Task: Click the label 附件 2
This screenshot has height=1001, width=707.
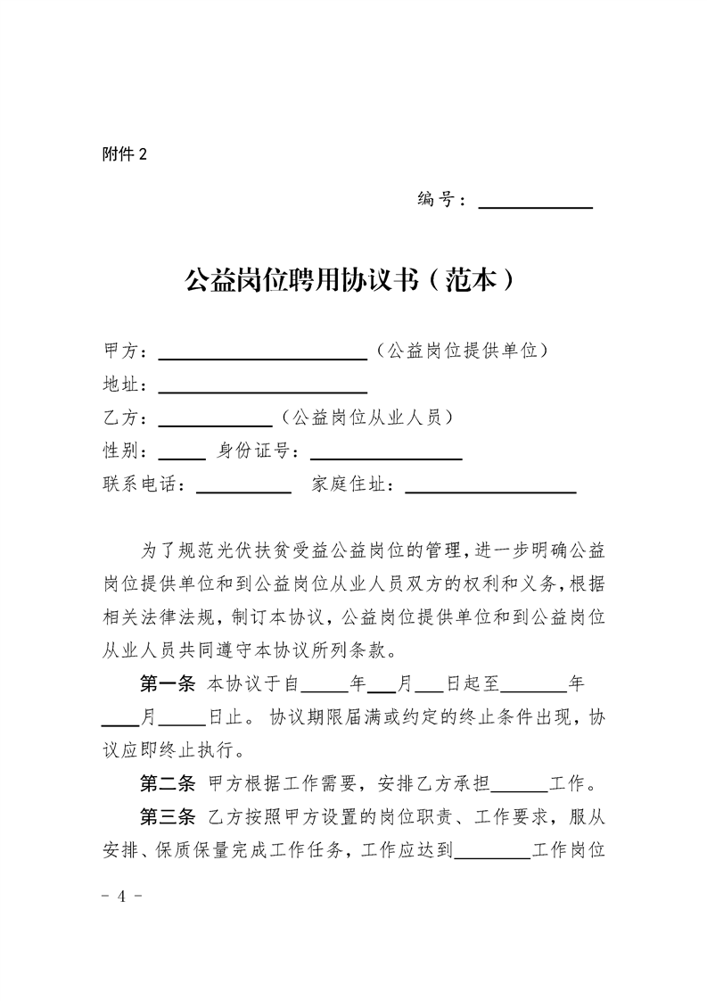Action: (124, 154)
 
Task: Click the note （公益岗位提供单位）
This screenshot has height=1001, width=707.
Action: (461, 350)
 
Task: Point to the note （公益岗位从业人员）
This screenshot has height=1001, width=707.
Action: (365, 418)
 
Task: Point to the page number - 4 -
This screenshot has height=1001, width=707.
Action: (123, 895)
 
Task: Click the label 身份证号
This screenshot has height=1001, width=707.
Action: (257, 451)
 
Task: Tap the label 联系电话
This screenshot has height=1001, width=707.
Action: (144, 484)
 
